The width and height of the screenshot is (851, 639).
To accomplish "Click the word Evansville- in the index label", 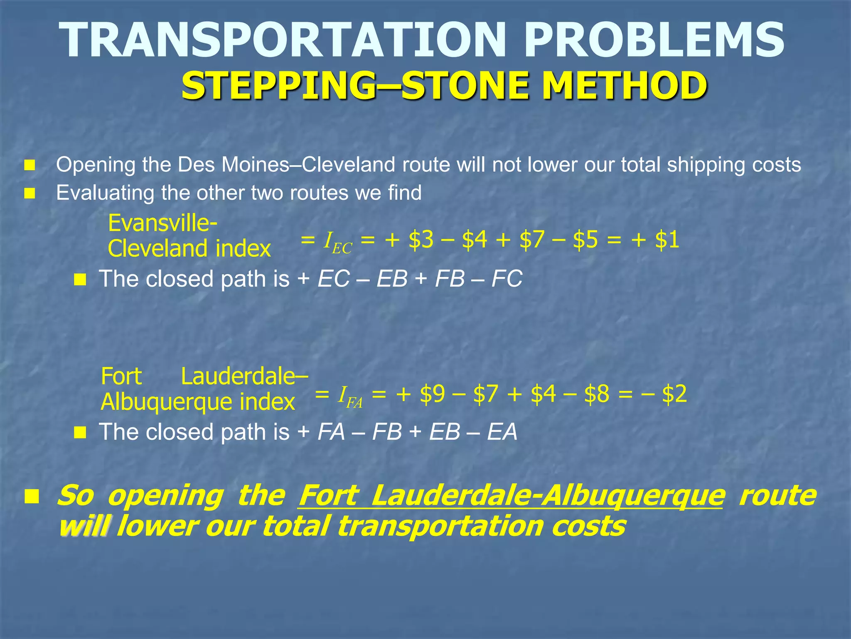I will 162,223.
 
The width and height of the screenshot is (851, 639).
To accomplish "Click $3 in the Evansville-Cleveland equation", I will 421,240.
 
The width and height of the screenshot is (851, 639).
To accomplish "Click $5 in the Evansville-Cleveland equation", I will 585,240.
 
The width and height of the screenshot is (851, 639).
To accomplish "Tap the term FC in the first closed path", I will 507,279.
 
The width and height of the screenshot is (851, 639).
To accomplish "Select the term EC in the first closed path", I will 333,279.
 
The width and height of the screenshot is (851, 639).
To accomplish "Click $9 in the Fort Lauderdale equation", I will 432,394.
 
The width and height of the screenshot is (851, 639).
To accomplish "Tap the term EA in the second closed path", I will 502,432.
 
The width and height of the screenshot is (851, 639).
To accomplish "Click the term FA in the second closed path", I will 331,432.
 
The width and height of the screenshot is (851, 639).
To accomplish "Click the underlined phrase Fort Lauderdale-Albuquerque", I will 511,496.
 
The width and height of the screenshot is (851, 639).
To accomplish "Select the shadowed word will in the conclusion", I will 84,526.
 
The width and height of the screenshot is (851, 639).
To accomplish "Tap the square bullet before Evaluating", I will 30,193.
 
